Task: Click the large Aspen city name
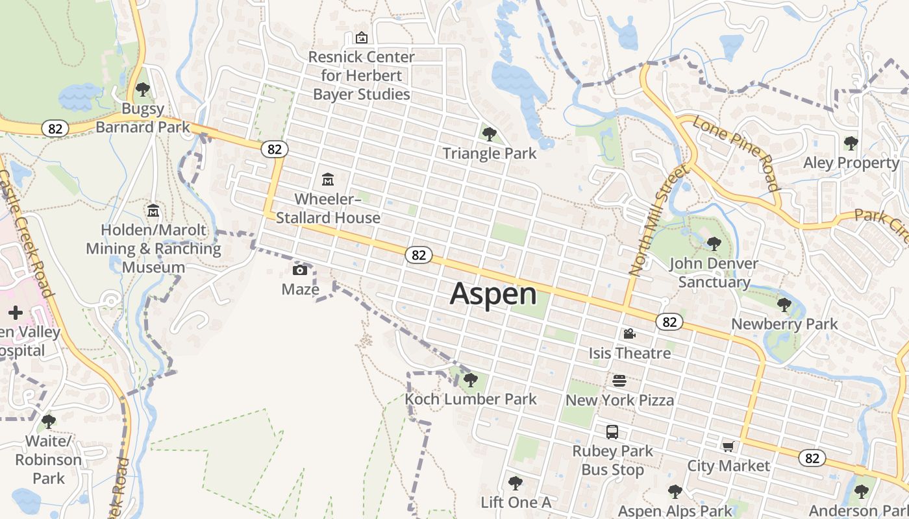point(493,294)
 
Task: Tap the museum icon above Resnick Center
point(361,38)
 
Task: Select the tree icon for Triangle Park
point(490,134)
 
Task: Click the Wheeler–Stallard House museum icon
point(328,179)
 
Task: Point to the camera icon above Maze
point(300,270)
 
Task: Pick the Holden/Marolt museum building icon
point(154,211)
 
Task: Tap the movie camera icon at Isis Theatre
point(629,334)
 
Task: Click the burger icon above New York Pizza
point(619,381)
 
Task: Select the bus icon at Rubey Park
point(612,431)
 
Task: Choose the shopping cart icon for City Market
point(728,446)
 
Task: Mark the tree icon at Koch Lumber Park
point(471,380)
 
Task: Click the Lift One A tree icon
point(516,483)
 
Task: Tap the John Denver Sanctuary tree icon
point(714,244)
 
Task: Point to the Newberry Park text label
point(784,324)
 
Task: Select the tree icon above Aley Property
point(851,143)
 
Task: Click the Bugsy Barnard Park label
point(143,117)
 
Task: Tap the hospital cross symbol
point(16,313)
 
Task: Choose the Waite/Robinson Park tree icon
point(49,422)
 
